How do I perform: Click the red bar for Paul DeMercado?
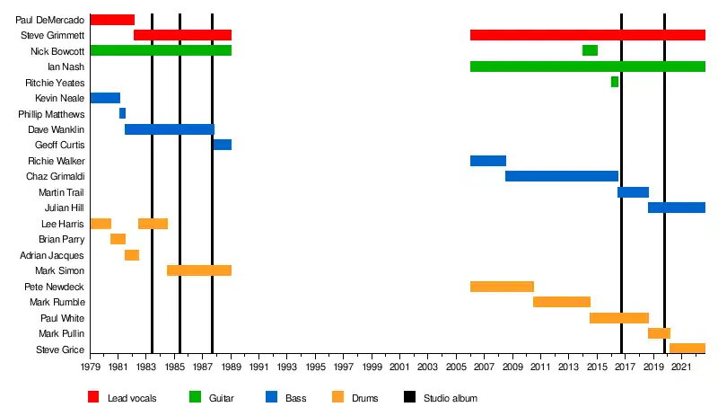(112, 20)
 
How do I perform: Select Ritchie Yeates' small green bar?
(615, 82)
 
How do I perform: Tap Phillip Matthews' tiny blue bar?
(122, 113)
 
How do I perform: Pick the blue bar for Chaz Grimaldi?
(562, 176)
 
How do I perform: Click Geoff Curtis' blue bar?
(223, 145)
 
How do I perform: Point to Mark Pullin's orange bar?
(659, 333)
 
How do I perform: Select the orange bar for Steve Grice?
(687, 349)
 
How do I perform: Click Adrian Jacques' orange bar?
(132, 255)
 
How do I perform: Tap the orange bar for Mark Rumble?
(562, 302)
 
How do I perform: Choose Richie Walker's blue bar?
(488, 161)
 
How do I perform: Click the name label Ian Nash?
(66, 66)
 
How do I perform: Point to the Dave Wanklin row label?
(56, 129)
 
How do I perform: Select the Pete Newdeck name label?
(55, 287)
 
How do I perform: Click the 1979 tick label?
(91, 367)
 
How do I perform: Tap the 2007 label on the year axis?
(485, 367)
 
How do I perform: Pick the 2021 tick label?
(681, 367)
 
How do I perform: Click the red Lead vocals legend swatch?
(93, 397)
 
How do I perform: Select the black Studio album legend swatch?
(409, 397)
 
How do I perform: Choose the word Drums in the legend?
(364, 398)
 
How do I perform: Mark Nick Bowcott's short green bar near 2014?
(590, 50)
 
